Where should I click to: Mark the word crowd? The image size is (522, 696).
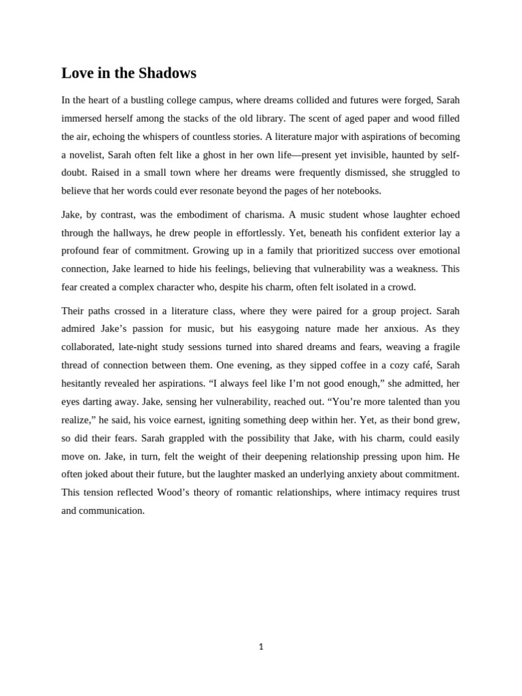click(398, 287)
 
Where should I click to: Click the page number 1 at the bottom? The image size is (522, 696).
click(261, 647)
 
